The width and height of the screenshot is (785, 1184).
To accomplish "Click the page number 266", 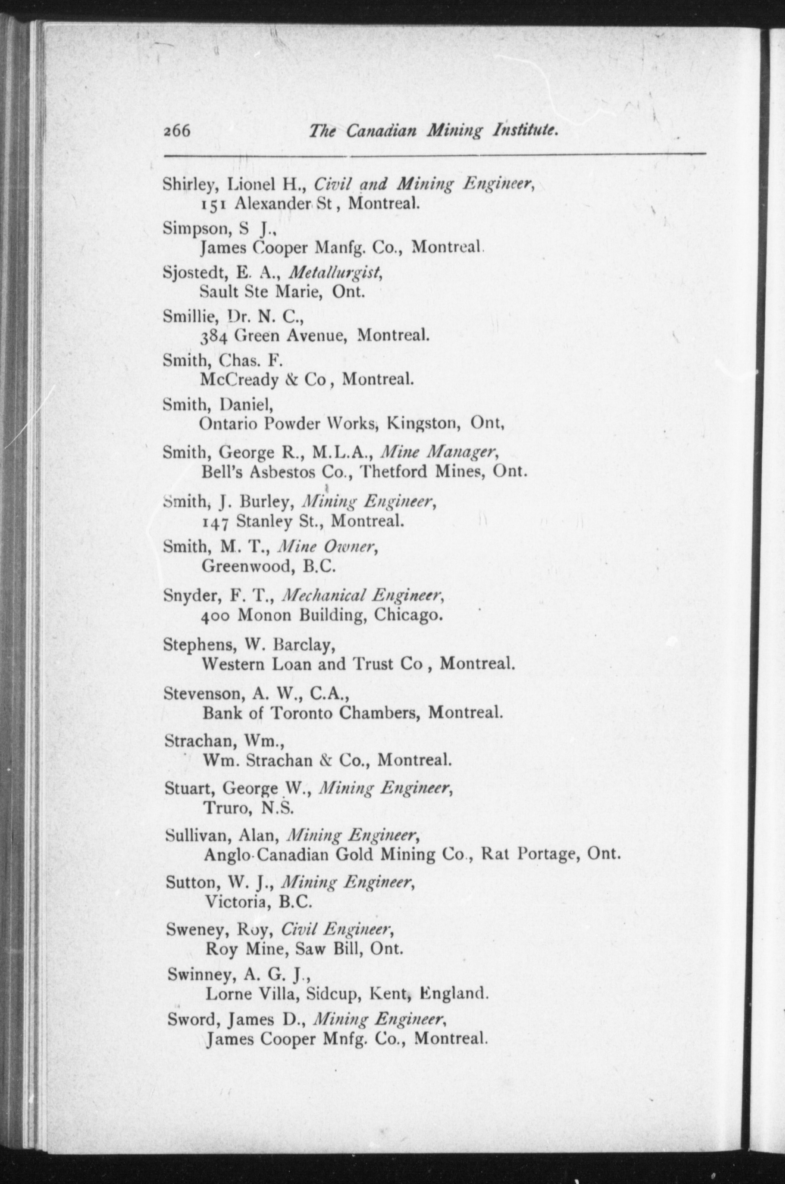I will (x=176, y=131).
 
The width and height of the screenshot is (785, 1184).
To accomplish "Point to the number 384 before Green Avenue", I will (x=214, y=336).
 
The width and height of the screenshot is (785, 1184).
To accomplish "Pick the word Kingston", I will (x=423, y=423).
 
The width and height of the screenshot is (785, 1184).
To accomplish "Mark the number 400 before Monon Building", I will (x=215, y=616).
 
